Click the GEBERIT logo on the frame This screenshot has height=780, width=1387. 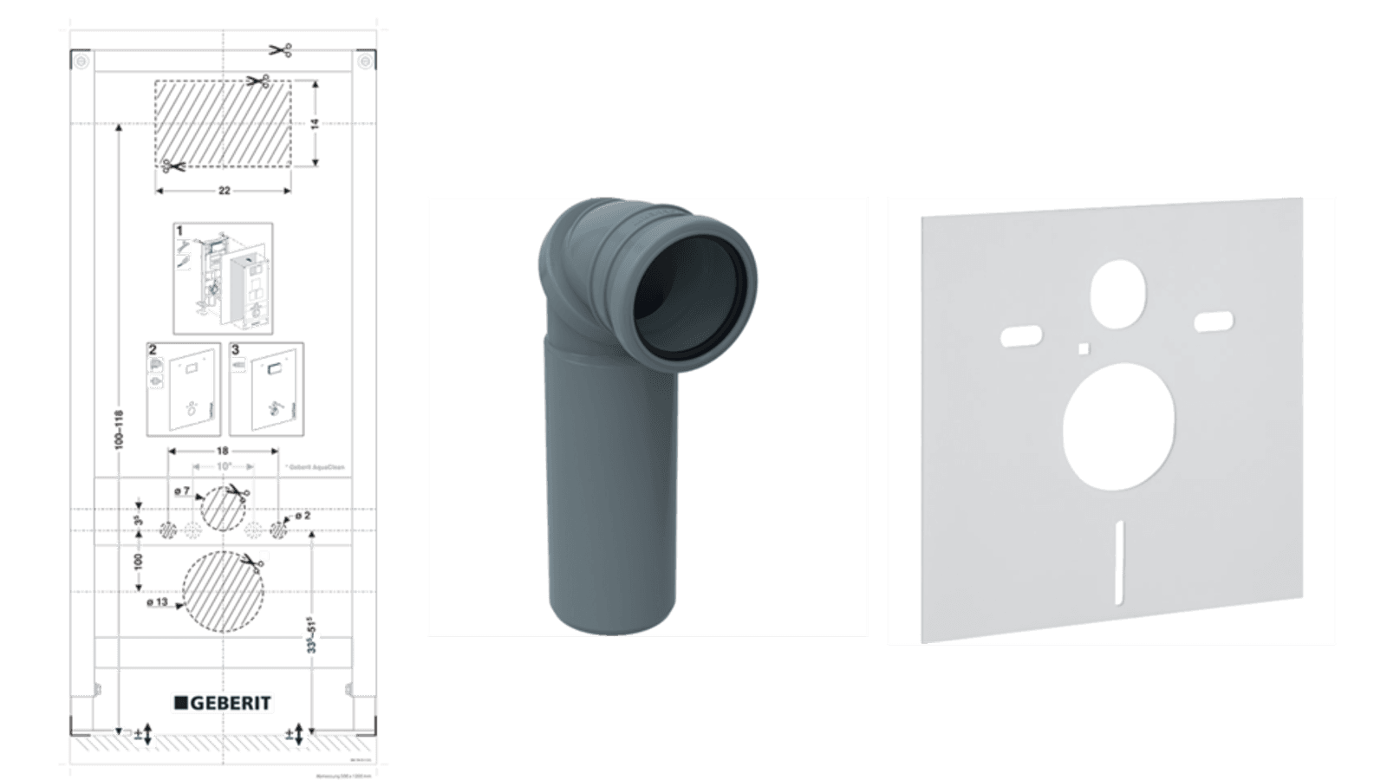(223, 703)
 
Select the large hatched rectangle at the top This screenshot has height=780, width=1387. (223, 123)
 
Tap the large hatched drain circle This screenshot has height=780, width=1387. (223, 591)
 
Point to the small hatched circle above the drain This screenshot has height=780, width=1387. (223, 507)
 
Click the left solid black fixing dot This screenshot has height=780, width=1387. (168, 530)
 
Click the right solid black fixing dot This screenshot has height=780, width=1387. (277, 530)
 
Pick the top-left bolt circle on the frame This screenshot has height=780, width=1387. (81, 62)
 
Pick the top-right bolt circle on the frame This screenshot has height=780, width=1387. (364, 62)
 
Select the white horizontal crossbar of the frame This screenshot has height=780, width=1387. (223, 653)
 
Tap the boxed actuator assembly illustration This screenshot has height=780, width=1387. (223, 278)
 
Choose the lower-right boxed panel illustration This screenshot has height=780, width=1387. (266, 389)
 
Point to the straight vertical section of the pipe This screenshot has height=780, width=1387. (610, 485)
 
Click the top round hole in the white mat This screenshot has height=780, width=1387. (1117, 293)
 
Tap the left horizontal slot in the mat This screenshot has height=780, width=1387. (1021, 335)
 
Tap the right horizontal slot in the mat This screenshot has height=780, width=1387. (1214, 322)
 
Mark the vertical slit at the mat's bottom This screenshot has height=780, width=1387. (1119, 561)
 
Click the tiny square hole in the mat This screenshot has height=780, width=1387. (1084, 348)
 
